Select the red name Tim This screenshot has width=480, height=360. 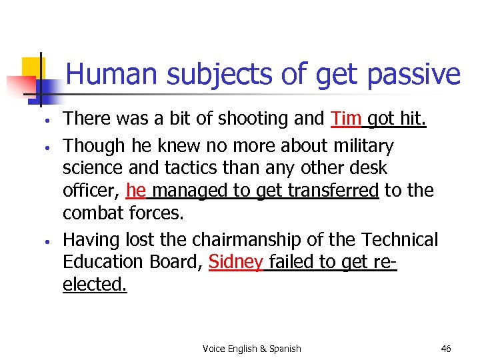click(346, 119)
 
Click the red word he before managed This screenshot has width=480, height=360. click(135, 191)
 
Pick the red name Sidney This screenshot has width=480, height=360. click(236, 262)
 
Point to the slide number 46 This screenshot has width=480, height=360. click(446, 349)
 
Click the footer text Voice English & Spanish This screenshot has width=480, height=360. click(251, 349)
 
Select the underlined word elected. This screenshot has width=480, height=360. click(94, 285)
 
